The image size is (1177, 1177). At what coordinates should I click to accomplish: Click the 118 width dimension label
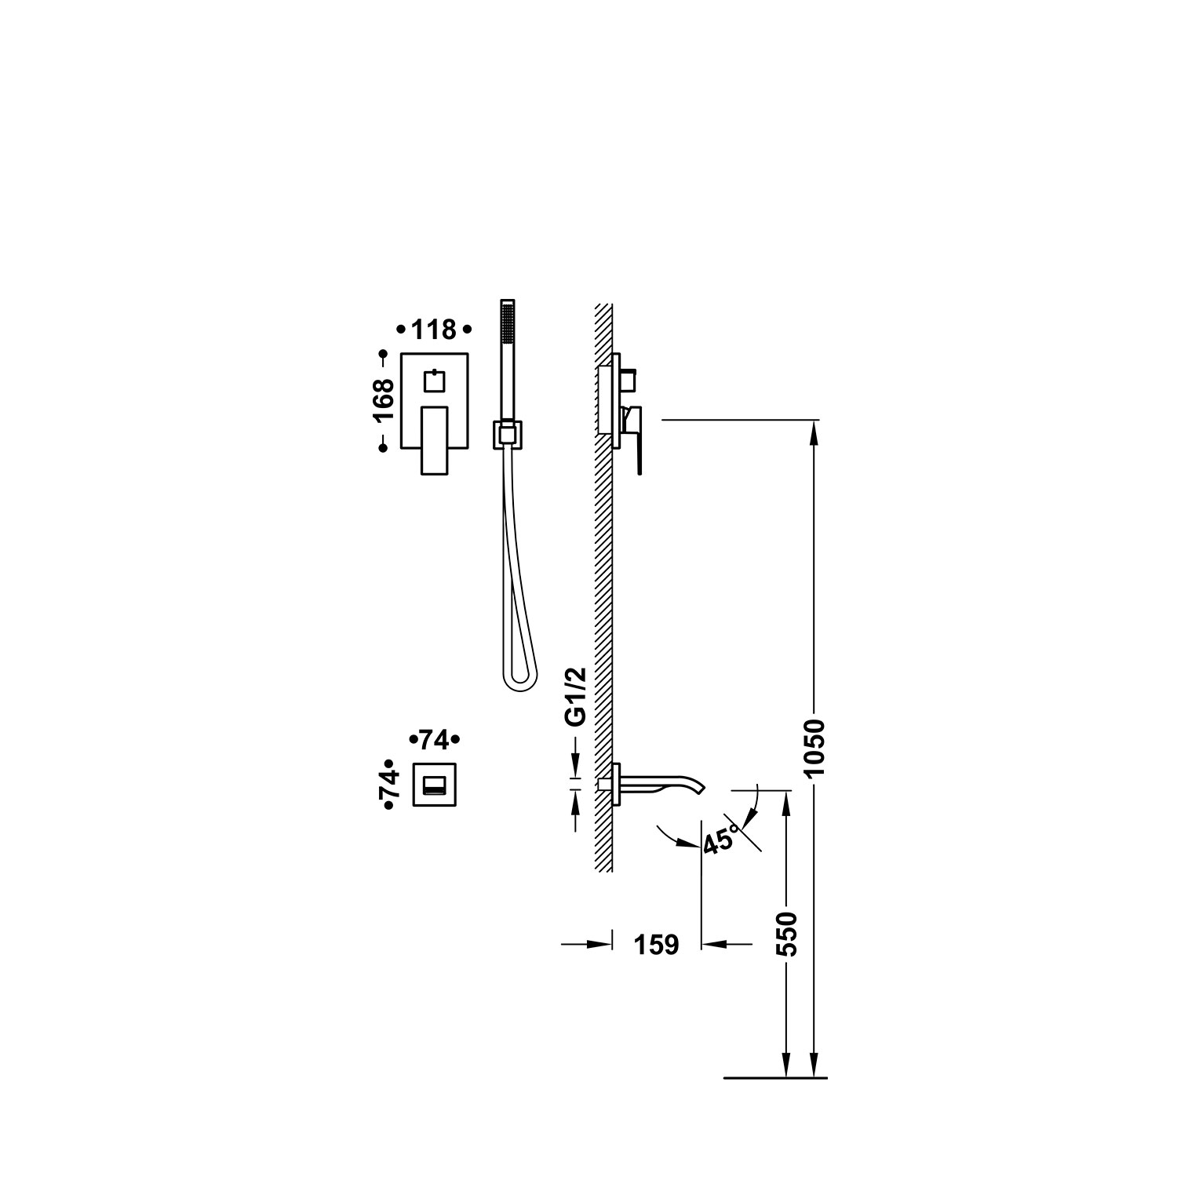pyautogui.click(x=434, y=330)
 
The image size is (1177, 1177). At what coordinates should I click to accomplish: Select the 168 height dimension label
pyautogui.click(x=384, y=401)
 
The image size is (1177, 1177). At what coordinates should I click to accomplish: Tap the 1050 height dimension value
pyautogui.click(x=816, y=748)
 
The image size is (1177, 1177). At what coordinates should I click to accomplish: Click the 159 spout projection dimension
pyautogui.click(x=656, y=945)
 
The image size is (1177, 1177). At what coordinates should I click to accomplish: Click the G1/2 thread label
pyautogui.click(x=577, y=697)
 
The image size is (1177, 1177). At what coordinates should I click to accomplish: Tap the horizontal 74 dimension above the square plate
pyautogui.click(x=434, y=740)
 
